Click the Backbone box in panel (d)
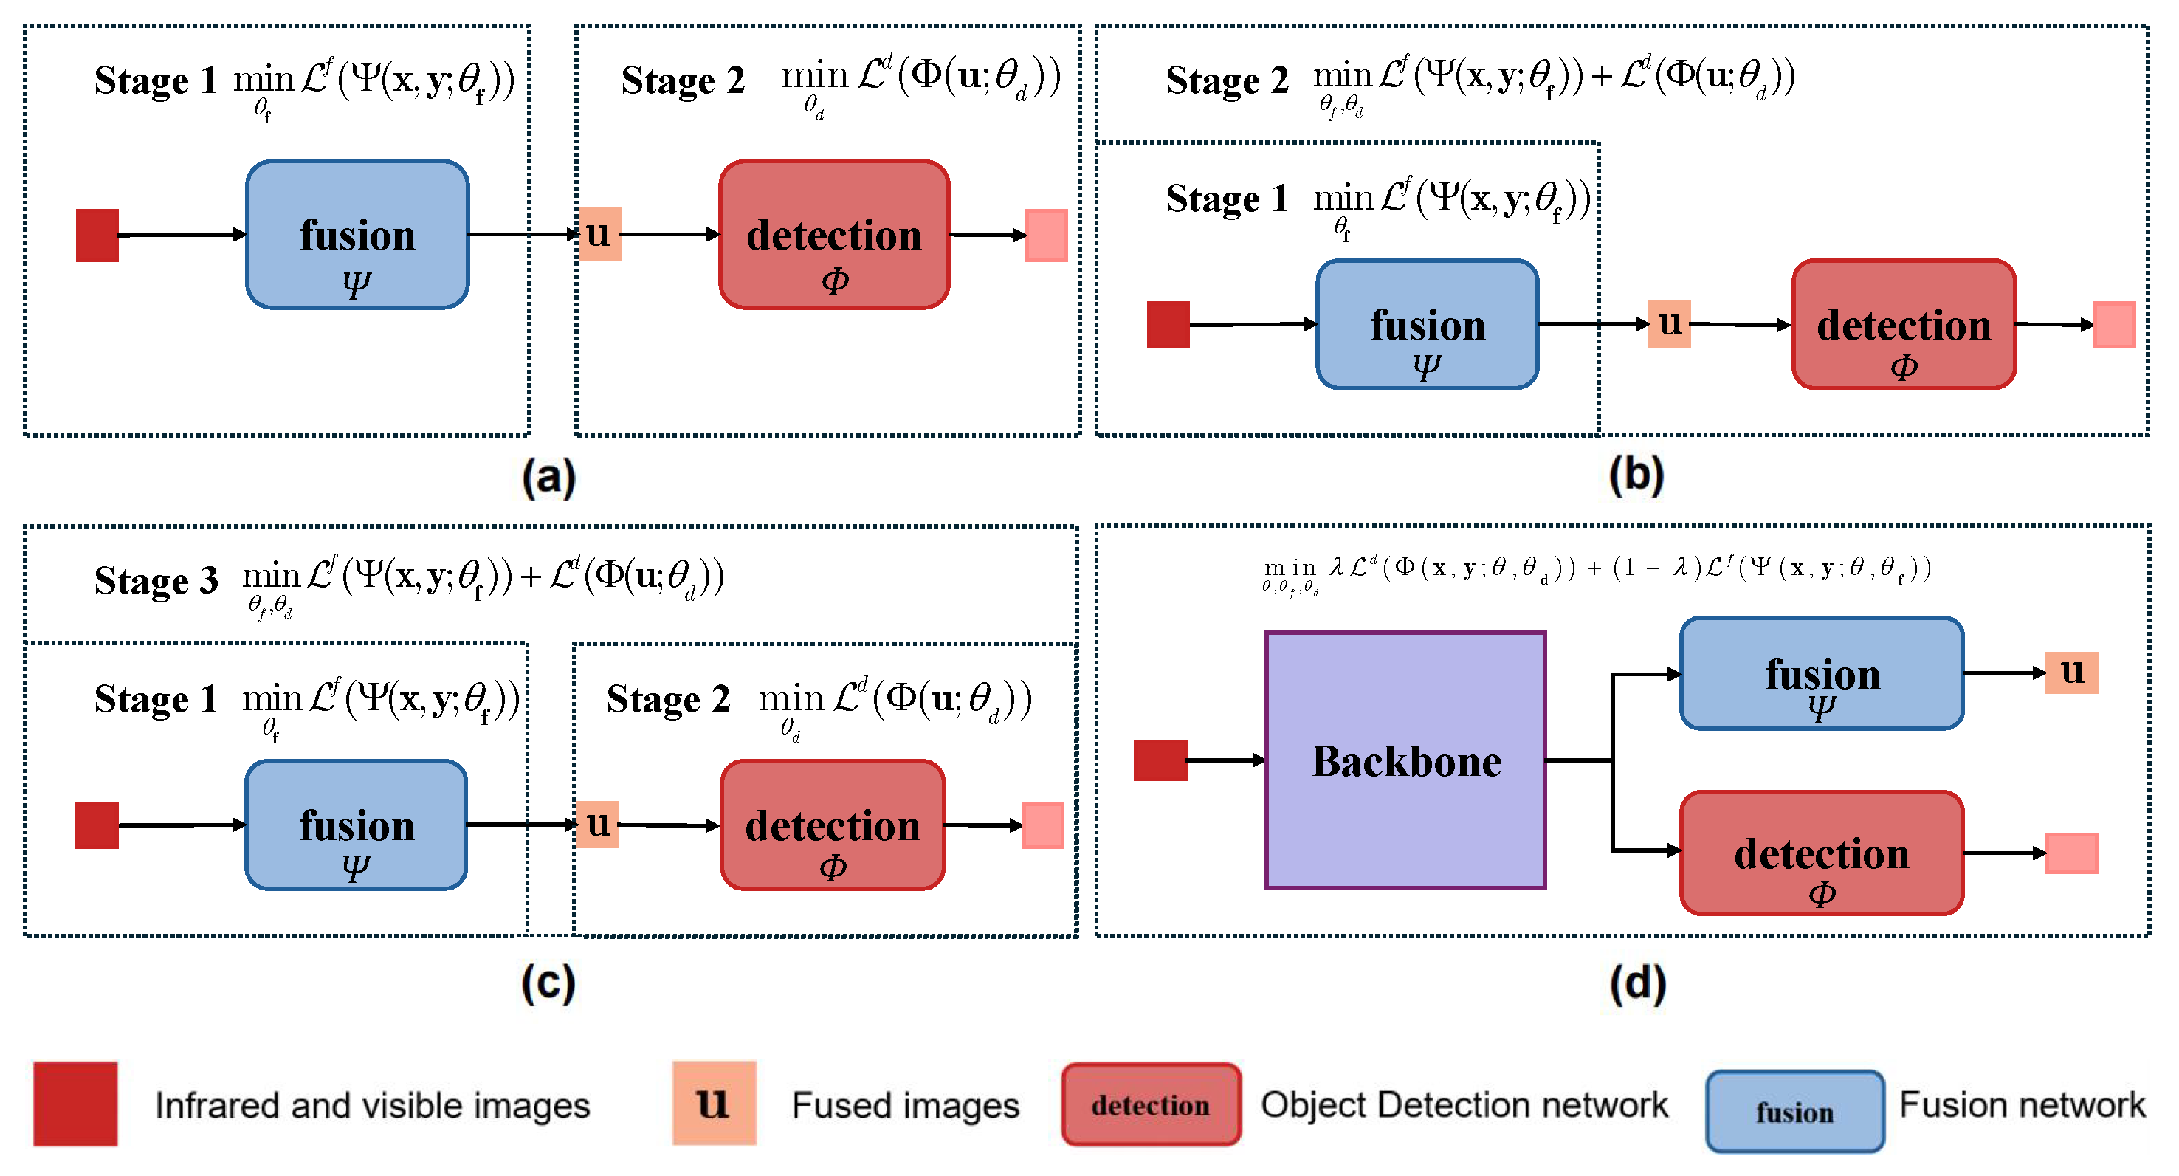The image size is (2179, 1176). [1405, 760]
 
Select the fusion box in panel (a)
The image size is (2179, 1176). [357, 234]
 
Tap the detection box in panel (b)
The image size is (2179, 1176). [1903, 325]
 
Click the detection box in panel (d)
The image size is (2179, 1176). [1821, 853]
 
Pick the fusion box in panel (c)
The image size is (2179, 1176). [356, 825]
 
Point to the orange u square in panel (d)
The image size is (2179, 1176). [2070, 673]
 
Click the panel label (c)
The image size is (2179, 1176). [548, 983]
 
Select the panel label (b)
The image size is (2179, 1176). [1636, 475]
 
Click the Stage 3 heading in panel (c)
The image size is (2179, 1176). [156, 581]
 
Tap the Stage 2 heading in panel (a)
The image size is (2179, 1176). [683, 81]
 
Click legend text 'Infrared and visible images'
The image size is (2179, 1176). [372, 1106]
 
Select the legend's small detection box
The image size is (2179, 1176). [1151, 1105]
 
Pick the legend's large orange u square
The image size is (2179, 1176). [714, 1103]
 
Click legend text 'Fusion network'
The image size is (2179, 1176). [2022, 1105]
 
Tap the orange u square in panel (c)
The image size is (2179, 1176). [598, 824]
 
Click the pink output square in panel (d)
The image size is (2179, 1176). [2070, 853]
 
